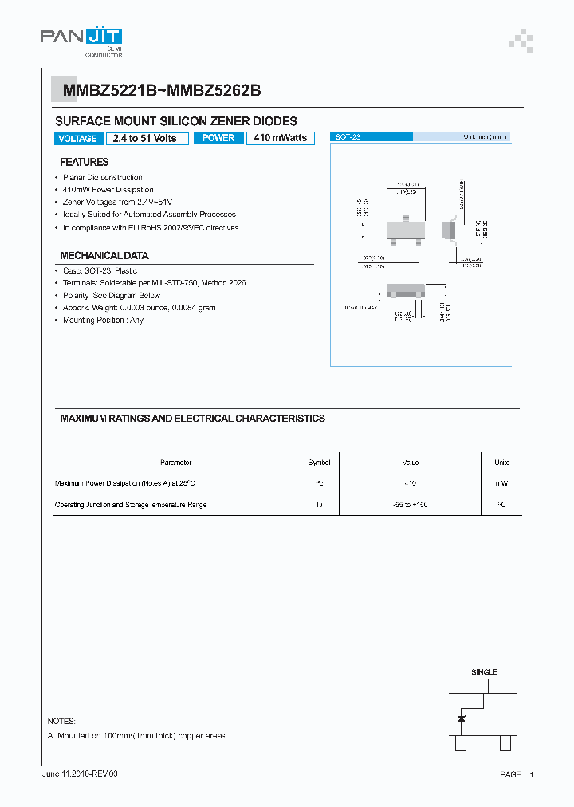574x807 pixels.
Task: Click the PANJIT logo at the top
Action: (81, 37)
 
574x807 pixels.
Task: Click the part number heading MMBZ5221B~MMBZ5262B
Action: (157, 91)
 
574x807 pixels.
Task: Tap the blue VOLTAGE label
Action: (78, 139)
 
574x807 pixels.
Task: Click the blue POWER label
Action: (218, 138)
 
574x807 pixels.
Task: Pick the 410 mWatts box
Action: (281, 138)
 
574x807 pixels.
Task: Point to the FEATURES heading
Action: (85, 162)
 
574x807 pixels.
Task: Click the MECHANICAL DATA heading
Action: (104, 256)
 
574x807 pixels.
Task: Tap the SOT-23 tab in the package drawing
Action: (348, 137)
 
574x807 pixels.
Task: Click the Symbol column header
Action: (319, 463)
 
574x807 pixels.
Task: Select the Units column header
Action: (501, 463)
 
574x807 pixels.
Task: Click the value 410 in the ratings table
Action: (411, 483)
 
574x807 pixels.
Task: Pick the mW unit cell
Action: (501, 483)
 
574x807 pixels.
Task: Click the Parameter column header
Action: (175, 463)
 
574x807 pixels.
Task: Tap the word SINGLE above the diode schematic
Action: (484, 672)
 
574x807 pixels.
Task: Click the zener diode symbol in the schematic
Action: (462, 719)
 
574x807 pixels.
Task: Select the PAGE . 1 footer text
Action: (517, 774)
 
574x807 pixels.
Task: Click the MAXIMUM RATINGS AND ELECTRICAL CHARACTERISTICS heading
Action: (193, 419)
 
